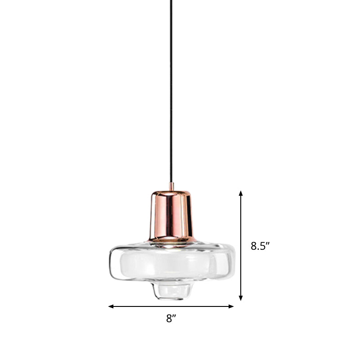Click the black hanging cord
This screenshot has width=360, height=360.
coord(171,90)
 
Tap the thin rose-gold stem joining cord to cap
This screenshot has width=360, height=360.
coord(171,186)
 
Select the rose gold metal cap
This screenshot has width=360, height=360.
coord(171,214)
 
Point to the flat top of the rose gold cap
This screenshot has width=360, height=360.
coord(171,191)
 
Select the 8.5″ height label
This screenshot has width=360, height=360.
coord(260,246)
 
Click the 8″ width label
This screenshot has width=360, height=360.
coord(170,319)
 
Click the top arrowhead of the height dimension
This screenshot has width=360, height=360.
coord(241,193)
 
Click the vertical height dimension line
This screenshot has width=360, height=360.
coord(241,245)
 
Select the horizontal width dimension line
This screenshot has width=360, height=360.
coord(171,306)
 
